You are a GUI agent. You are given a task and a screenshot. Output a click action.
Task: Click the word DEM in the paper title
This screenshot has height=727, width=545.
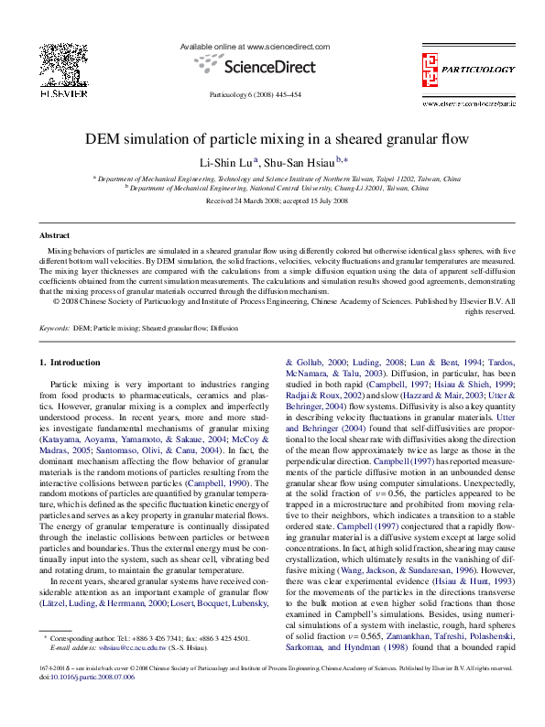(x=102, y=140)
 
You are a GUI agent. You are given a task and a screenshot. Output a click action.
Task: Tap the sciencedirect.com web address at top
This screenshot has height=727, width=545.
(x=286, y=45)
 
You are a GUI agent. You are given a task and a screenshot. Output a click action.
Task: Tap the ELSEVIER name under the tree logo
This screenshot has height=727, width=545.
(x=60, y=93)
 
